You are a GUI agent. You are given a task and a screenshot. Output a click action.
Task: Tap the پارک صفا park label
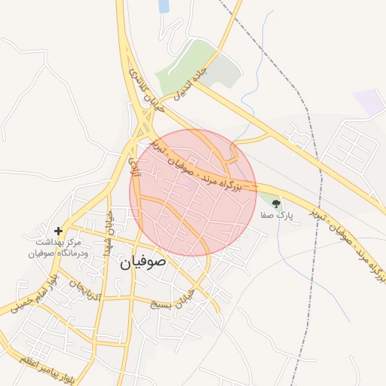(x=275, y=215)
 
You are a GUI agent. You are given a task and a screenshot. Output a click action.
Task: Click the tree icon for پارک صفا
(x=275, y=203)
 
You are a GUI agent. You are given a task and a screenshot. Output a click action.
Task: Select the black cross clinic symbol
(x=58, y=231)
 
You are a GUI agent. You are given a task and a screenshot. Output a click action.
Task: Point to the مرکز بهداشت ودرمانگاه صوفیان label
(x=58, y=248)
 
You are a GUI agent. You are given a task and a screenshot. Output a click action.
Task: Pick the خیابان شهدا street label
(x=109, y=231)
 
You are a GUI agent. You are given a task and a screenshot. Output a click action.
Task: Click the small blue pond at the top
(x=164, y=6)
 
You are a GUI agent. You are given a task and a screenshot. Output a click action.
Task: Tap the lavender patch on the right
(x=369, y=102)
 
